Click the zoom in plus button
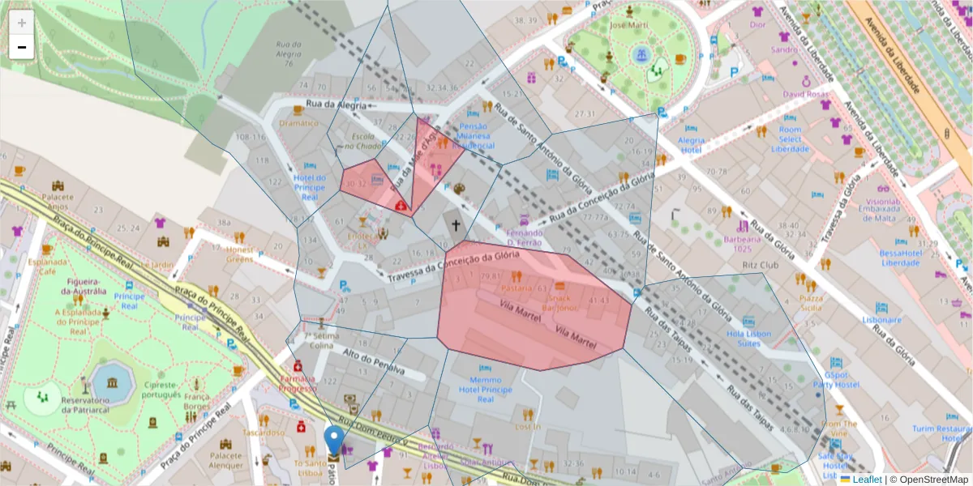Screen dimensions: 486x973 [x=22, y=22]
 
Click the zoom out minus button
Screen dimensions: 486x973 [x=22, y=47]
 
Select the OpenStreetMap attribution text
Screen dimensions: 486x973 [x=929, y=480]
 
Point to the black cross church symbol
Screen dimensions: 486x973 [x=456, y=226]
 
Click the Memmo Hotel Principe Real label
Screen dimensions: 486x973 [x=486, y=389]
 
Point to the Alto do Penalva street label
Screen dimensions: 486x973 [x=373, y=361]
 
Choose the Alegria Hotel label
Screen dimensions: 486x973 [x=692, y=144]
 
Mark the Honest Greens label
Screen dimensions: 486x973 [x=239, y=254]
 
